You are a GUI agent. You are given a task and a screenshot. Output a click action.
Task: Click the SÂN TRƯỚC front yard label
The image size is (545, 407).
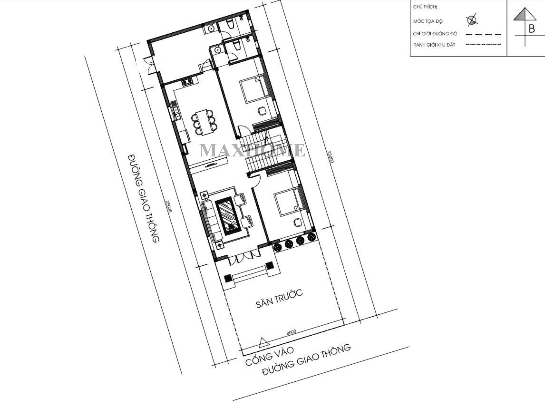click(x=279, y=299)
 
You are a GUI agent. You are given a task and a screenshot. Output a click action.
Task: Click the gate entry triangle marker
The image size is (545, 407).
click(x=264, y=342)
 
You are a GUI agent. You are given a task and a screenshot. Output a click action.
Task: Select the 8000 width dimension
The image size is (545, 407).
click(x=291, y=332)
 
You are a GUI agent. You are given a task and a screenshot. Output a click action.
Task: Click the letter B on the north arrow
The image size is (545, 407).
click(x=531, y=29)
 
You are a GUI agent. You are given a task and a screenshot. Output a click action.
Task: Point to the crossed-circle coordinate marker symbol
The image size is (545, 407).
click(x=472, y=20)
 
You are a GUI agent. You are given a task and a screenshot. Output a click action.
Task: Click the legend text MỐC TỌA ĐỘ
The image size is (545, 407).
click(x=428, y=21)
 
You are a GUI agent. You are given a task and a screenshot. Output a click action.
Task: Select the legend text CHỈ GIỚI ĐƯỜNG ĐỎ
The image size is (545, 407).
click(x=435, y=34)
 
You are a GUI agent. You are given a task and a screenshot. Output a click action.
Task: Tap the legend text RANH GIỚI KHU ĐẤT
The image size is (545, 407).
click(x=434, y=45)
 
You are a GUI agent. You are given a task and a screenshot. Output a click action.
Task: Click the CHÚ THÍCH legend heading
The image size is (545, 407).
click(x=425, y=7)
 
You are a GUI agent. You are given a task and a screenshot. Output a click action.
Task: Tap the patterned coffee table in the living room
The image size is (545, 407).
click(x=228, y=216)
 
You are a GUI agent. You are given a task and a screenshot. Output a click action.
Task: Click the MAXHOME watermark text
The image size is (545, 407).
click(x=252, y=150)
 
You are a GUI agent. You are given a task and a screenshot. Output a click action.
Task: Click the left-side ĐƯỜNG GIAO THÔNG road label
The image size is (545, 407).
click(x=143, y=198)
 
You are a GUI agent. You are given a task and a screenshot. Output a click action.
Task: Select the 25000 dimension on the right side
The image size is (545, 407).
click(x=331, y=157)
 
